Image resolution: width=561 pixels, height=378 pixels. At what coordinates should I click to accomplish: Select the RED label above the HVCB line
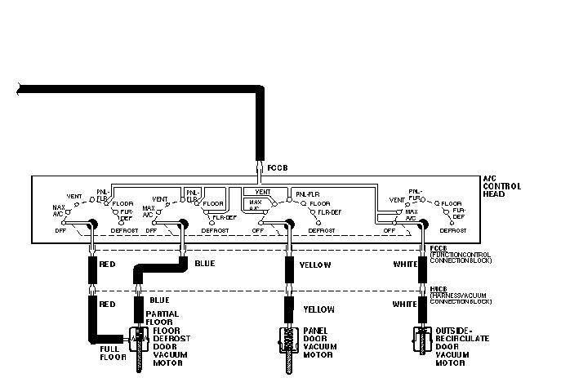point(108,265)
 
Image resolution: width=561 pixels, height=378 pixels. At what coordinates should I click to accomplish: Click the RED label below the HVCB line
point(108,303)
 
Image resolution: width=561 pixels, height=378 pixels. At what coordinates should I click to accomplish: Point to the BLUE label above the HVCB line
point(205,263)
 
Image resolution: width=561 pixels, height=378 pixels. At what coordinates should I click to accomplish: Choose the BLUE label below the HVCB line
point(159,300)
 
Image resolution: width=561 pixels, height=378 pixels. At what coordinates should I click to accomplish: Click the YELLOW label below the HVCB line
point(319,309)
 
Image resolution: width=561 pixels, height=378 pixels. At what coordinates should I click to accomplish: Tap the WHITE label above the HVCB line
point(406,265)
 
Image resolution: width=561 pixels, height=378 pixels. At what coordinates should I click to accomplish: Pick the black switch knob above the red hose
point(92,225)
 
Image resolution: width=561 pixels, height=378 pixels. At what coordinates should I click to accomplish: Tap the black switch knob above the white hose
point(423,225)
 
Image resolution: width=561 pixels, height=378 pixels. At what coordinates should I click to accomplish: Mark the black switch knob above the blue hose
point(181,225)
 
